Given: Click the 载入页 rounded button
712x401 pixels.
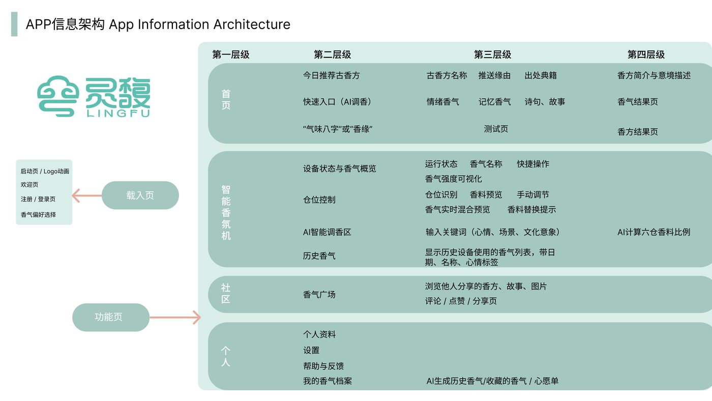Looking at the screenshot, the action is (x=140, y=195).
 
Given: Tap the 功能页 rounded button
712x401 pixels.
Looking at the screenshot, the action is (x=111, y=317).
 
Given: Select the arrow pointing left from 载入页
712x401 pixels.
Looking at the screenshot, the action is (x=87, y=195).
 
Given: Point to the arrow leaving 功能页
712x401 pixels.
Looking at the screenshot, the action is (x=175, y=317).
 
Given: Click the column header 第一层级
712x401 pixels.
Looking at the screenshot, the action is (x=231, y=54).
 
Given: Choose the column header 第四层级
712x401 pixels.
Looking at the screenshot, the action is (x=646, y=54).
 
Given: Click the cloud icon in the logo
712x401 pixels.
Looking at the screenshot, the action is (x=58, y=96).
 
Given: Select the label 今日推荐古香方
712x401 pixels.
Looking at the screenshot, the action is (x=331, y=76).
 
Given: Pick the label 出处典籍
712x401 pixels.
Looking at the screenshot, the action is (x=541, y=76).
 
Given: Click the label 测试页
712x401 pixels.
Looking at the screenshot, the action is (x=496, y=129).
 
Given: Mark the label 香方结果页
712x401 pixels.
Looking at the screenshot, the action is (x=638, y=132).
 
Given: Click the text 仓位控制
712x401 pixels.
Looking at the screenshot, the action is (x=319, y=199).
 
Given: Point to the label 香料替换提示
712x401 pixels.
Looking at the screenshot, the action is (x=532, y=210).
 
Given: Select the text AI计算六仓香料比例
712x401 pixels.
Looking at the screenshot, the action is (x=654, y=232).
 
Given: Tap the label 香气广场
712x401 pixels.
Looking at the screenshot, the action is (x=319, y=295).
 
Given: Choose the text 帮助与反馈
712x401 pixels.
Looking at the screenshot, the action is (x=323, y=366).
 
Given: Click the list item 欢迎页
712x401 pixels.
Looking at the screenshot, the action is (x=29, y=185).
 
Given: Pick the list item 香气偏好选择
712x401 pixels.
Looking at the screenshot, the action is (x=38, y=215).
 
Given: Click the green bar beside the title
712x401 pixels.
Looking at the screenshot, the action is (x=14, y=24).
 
